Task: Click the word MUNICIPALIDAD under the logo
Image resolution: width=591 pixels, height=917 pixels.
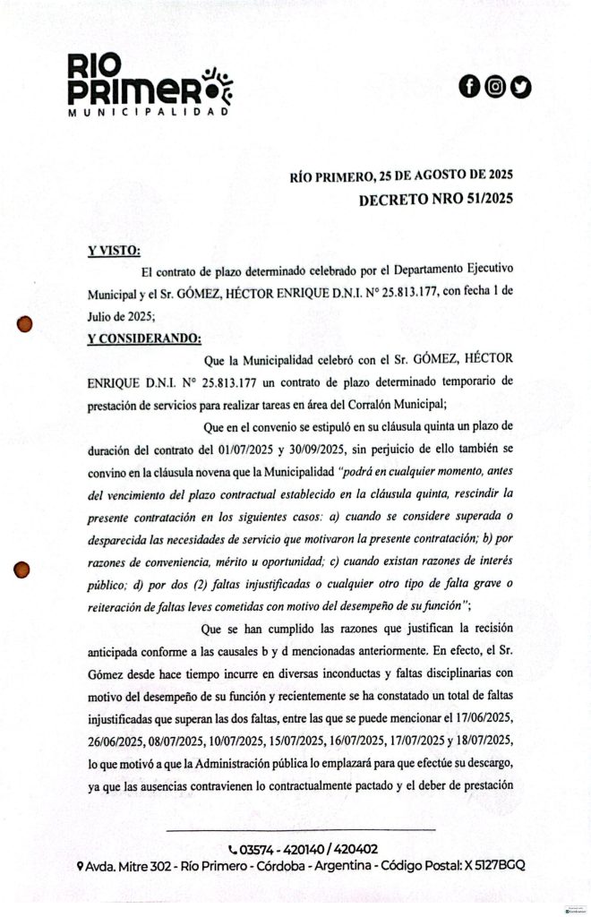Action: pos(149,113)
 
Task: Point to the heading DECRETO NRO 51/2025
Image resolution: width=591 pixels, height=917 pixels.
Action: pos(435,201)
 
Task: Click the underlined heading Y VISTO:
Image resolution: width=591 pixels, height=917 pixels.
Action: pos(114,250)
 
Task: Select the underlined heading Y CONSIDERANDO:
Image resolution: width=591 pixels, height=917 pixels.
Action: pos(144,338)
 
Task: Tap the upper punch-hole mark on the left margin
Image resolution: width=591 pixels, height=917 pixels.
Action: pos(25,323)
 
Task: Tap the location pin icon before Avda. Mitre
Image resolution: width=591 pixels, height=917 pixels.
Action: pos(81,867)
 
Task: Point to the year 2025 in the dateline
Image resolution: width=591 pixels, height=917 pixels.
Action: pos(495,175)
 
